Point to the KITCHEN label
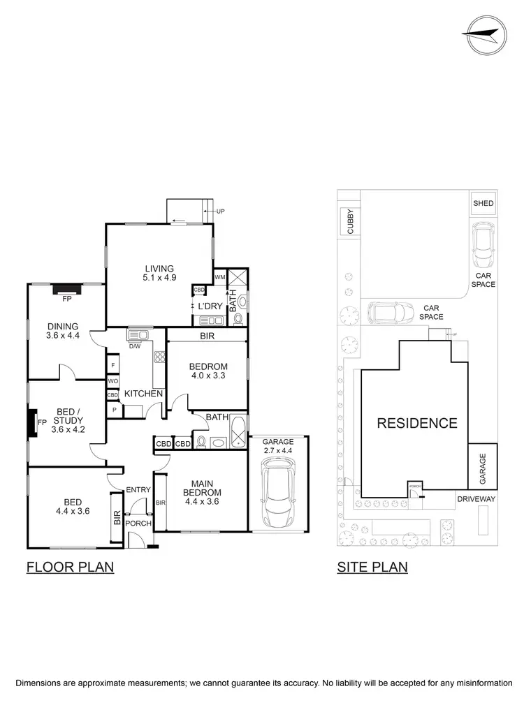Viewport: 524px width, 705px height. point(143,394)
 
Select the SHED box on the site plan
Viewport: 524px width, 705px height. point(483,204)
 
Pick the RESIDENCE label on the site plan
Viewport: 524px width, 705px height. point(417,423)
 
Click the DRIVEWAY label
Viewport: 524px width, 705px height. point(476,499)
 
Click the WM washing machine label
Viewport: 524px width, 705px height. point(220,277)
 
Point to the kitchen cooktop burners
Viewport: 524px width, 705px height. point(159,357)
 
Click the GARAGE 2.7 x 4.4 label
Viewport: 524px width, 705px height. point(278,447)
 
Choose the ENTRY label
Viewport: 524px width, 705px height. point(138,490)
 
